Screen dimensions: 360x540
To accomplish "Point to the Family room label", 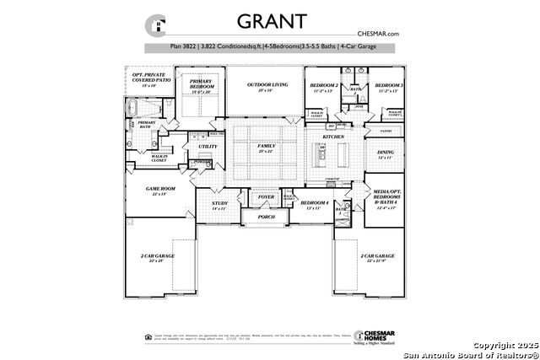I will [x=267, y=148].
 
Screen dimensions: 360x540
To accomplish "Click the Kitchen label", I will [x=332, y=135].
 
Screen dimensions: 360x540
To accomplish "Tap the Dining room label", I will [x=385, y=154].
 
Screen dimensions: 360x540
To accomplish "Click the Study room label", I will [x=219, y=205].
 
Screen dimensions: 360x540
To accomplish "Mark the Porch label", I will [x=267, y=217].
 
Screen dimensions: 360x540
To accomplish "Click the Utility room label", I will [x=208, y=147].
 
